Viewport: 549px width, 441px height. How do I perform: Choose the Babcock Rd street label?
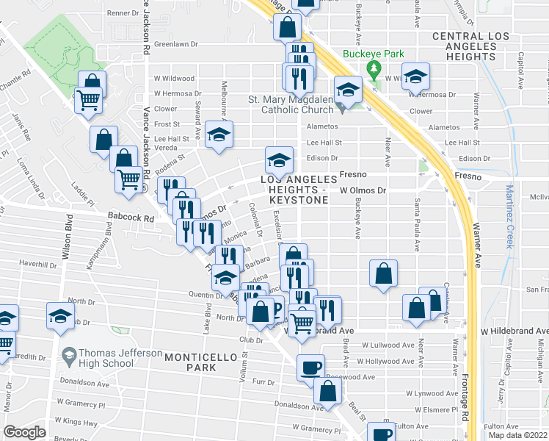(x=129, y=218)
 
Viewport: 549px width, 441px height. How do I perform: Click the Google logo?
(x=24, y=432)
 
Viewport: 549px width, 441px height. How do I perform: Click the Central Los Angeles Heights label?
(x=470, y=46)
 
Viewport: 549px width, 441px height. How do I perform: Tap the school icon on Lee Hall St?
(x=218, y=135)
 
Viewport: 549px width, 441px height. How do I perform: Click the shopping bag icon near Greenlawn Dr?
(x=288, y=28)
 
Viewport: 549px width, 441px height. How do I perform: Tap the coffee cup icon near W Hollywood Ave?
(x=310, y=367)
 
